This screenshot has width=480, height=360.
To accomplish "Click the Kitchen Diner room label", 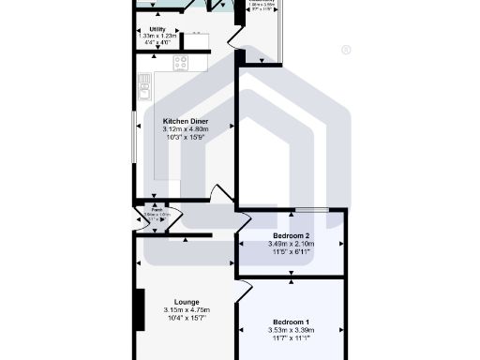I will (185, 122).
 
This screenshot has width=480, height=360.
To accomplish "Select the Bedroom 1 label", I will (292, 322).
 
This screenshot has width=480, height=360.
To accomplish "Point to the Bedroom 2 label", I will (292, 235).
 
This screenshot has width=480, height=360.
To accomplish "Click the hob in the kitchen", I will (181, 62).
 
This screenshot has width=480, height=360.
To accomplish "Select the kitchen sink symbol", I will (145, 90).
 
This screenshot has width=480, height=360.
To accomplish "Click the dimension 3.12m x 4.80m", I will (185, 129).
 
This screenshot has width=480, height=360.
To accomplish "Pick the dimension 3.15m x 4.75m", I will (187, 310).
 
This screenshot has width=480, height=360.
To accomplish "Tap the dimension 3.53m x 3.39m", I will (292, 330).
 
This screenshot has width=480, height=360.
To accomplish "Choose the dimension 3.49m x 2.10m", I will (292, 244).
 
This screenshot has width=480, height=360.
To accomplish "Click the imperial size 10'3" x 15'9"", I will (185, 138).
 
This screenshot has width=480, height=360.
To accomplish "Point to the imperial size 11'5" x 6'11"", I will (292, 251).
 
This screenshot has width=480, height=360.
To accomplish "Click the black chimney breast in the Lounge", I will (140, 310).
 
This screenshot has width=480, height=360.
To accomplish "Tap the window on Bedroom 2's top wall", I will (311, 209).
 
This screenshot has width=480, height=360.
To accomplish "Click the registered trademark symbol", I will (346, 50).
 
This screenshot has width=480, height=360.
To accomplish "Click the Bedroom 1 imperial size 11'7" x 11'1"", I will (292, 338).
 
